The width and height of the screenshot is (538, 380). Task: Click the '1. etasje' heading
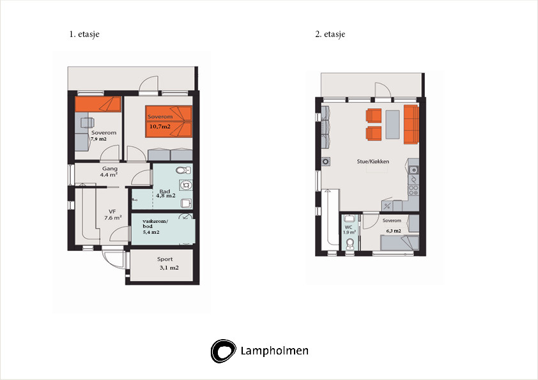pos(84,34)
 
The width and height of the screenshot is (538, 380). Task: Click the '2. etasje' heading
pos(330,34)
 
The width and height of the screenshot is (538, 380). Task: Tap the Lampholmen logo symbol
pos(224,351)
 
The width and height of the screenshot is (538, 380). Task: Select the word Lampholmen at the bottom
pos(275,351)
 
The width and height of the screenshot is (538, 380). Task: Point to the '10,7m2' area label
pos(160,126)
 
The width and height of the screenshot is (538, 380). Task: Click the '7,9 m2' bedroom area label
pos(98,139)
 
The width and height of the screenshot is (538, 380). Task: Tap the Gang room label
pos(110,169)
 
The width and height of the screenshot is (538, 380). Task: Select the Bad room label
pos(165,192)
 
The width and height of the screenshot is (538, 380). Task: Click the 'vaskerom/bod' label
pos(155,224)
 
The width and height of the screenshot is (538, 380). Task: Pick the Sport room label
pos(165,259)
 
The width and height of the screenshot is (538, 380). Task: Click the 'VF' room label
pos(112,211)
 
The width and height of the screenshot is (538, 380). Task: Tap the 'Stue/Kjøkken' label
pos(373,162)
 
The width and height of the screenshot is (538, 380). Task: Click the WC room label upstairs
pos(349,227)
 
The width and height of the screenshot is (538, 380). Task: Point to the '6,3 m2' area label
pos(394,231)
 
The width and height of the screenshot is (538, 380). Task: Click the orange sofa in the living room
pos(411,125)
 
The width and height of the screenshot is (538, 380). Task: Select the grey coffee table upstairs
pos(392,125)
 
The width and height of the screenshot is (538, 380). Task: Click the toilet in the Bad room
pos(183,171)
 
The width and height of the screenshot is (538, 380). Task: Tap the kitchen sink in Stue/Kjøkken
pos(414,170)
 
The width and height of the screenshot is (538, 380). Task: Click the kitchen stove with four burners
pos(413,190)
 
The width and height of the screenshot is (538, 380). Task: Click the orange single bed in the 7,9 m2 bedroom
pos(98,104)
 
